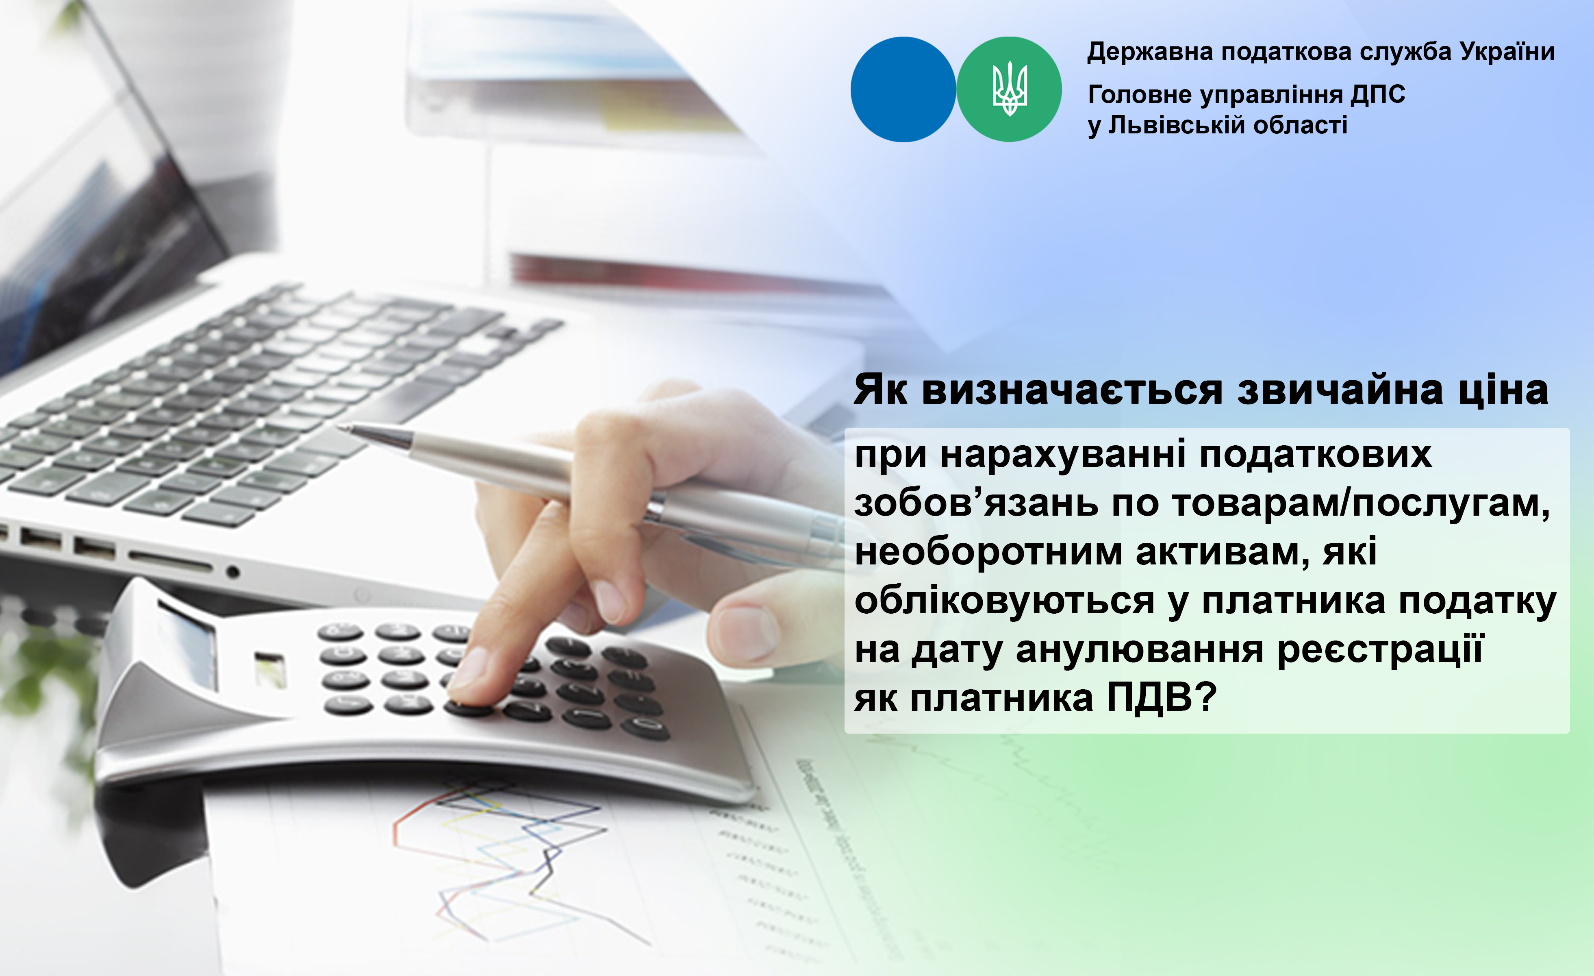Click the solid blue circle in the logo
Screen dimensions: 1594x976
[903, 89]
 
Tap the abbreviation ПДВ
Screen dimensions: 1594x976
[1149, 698]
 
